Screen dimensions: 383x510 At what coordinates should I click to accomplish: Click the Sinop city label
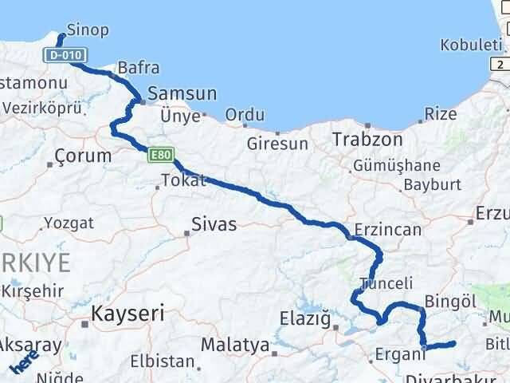point(88,30)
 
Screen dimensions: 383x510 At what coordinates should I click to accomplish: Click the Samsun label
point(181,93)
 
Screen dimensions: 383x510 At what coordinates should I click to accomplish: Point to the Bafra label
point(138,69)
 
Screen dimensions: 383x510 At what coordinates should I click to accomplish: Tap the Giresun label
point(277,144)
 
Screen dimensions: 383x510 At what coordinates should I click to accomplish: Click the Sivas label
point(213,224)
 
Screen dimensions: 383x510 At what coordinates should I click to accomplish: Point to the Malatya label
point(233,345)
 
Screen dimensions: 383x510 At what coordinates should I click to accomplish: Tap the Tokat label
point(183,180)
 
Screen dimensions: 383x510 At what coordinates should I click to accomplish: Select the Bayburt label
point(433,184)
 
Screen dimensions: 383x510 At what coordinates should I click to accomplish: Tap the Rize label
point(441,114)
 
